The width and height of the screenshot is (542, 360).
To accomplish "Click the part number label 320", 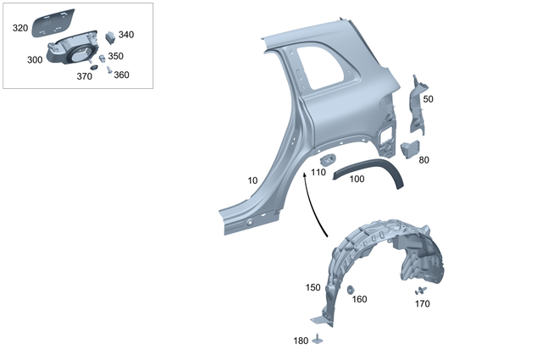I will coord(19,28).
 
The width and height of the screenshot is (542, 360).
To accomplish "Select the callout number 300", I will coord(35,60).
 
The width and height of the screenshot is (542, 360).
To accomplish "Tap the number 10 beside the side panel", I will coord(253,180).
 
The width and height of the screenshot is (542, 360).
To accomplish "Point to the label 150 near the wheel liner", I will coord(312,287).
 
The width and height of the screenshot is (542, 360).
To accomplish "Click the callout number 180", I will coord(301,341).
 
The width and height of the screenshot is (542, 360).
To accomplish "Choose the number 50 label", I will coord(428,99).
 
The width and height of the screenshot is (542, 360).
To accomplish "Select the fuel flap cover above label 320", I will coord(55,20).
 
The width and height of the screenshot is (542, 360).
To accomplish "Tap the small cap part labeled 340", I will coord(110,36).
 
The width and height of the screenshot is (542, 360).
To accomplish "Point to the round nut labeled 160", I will coord(350,290).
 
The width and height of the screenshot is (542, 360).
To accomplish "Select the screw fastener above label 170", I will coord(422,290).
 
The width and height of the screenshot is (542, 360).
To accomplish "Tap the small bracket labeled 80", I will coord(411,147).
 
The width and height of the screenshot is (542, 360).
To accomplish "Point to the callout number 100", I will coord(357,180).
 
